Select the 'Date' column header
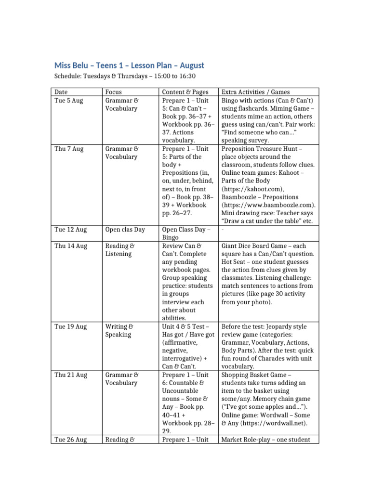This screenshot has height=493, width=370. pyautogui.click(x=61, y=92)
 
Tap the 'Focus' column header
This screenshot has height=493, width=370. pyautogui.click(x=113, y=92)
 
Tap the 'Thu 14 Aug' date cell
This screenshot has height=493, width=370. pyautogui.click(x=71, y=246)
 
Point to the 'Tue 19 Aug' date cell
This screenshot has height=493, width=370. pyautogui.click(x=71, y=326)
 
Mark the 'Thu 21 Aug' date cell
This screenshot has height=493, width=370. pyautogui.click(x=71, y=375)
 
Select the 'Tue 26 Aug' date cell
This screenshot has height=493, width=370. pyautogui.click(x=71, y=439)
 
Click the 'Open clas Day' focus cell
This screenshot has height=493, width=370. pyautogui.click(x=125, y=230)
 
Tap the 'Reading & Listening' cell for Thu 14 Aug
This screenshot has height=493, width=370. pyautogui.click(x=120, y=249)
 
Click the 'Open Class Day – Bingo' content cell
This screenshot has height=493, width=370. pyautogui.click(x=186, y=234)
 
